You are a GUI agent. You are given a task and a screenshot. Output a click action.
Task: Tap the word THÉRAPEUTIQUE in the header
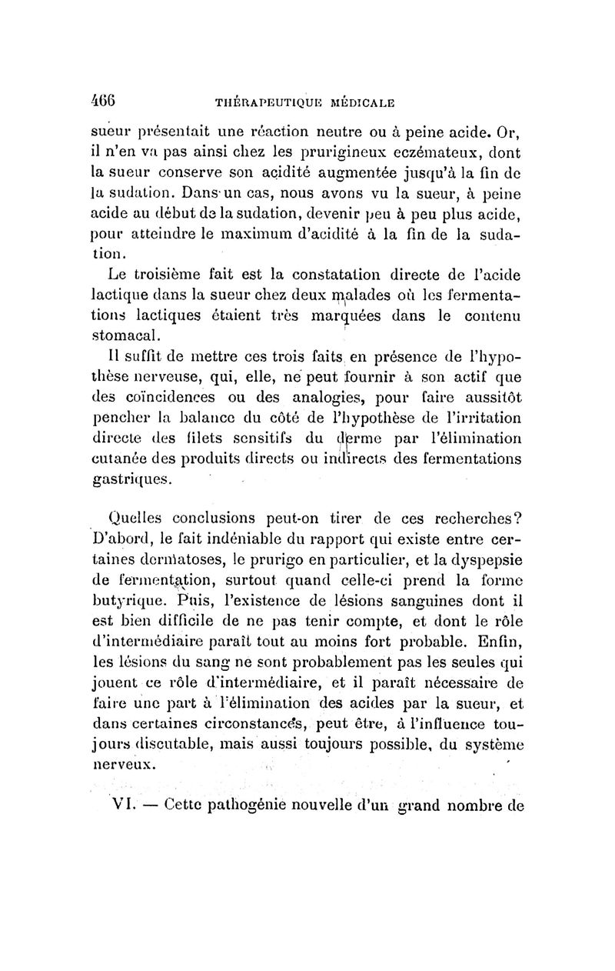[250, 101]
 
